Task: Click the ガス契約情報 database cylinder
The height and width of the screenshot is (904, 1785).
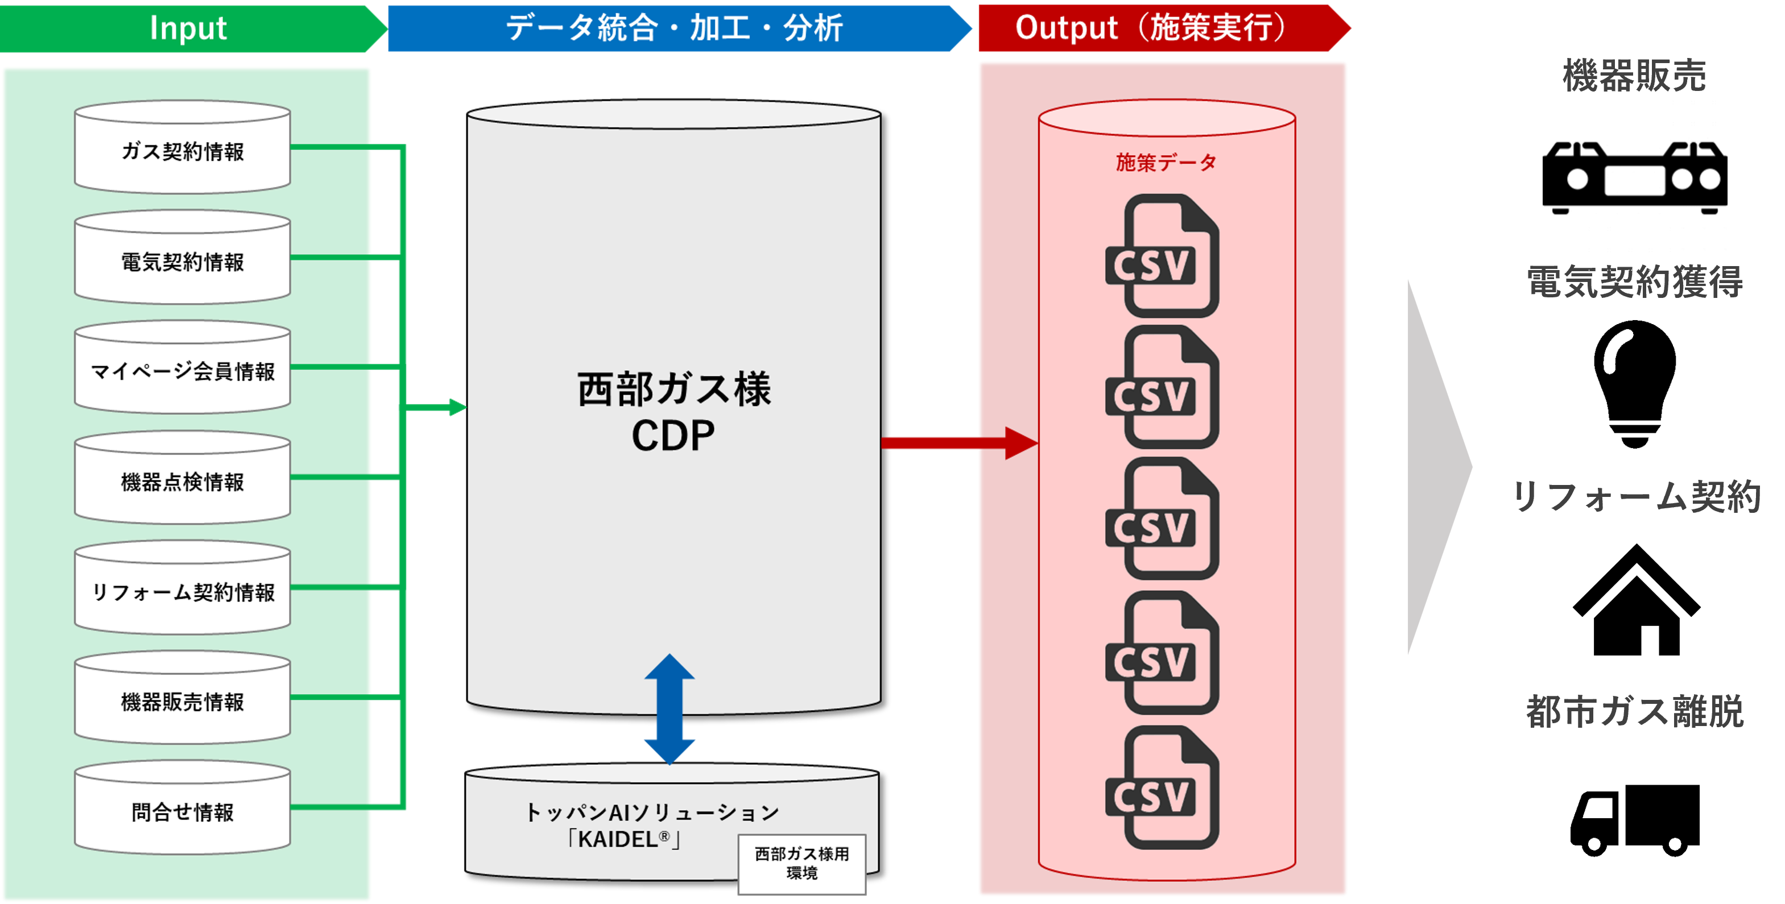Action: coord(182,148)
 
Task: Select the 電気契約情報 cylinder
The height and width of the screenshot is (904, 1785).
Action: coord(182,259)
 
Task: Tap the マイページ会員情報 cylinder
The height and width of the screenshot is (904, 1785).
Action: coord(182,369)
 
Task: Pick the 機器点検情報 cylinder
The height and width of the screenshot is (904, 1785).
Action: coord(182,479)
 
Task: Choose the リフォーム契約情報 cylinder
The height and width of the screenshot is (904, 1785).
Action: coord(182,590)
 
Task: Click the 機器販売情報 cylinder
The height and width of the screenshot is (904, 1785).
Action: coord(182,700)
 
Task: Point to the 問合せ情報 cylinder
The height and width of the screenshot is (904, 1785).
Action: coord(182,810)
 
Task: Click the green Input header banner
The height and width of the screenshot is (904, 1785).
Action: coord(188,28)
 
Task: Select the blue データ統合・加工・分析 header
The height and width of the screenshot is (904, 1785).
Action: coord(673,28)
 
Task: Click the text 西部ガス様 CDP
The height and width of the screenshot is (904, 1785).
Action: coord(673,412)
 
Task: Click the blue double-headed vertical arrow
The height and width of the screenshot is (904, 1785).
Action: coord(670,708)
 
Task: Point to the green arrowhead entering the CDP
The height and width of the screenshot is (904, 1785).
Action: coord(457,407)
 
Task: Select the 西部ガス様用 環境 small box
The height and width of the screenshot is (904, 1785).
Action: coord(801,863)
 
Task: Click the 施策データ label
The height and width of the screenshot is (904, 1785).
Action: coord(1166,163)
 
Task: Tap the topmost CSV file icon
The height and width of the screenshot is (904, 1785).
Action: coord(1162,256)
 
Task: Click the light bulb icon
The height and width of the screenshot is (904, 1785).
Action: coord(1635,384)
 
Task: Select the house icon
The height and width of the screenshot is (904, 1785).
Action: coord(1636,599)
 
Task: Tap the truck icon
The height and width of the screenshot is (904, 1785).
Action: coord(1635,820)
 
